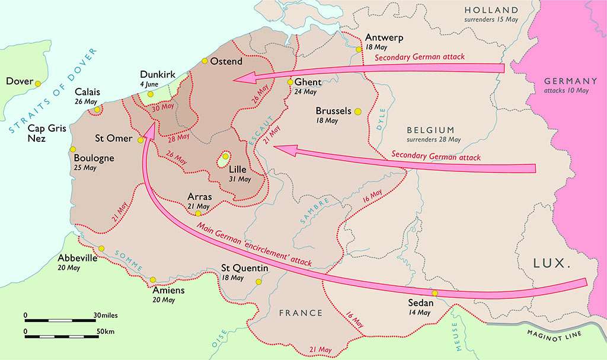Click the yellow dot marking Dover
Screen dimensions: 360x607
[x=38, y=84]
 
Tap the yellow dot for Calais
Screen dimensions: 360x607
[x=97, y=109]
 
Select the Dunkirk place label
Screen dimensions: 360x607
[x=158, y=75]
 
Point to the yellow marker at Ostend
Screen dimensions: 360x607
[x=205, y=61]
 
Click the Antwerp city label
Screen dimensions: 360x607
[x=384, y=37]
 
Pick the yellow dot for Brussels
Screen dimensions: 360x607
[x=357, y=111]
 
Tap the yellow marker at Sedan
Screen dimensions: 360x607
[x=435, y=293]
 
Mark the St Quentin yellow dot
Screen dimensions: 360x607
[x=258, y=282]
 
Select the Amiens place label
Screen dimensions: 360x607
[x=168, y=291]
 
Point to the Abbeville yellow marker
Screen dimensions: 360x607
[x=101, y=249]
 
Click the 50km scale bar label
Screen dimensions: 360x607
[x=106, y=330]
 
